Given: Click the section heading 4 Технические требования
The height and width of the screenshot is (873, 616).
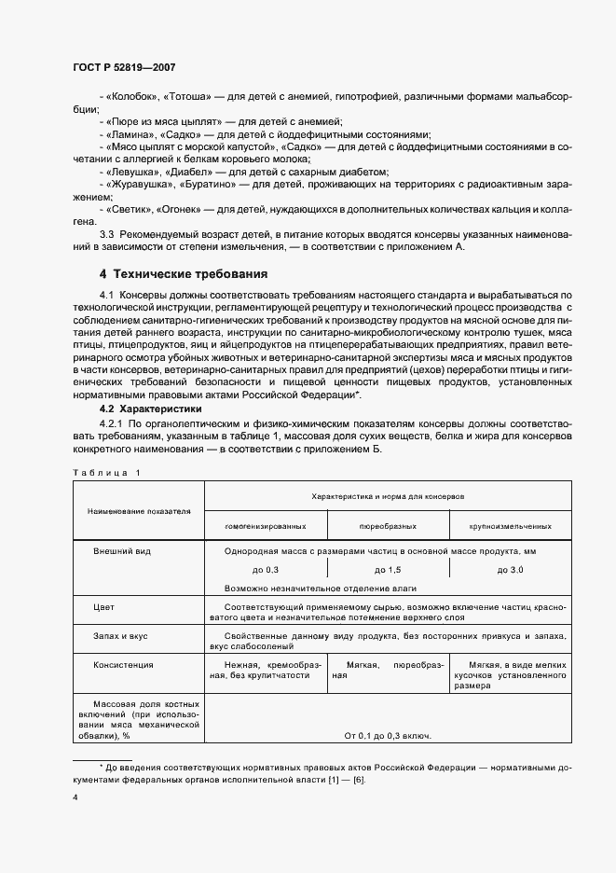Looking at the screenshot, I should (x=184, y=274).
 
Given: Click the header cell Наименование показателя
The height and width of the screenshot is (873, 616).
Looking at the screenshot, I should (x=139, y=511).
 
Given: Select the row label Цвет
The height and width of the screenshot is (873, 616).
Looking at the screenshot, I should (x=103, y=606).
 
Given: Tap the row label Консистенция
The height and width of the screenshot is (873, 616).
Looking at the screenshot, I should (x=123, y=665).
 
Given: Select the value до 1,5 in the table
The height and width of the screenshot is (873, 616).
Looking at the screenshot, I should (x=387, y=569).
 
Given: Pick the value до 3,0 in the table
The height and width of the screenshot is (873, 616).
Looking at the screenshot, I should (x=511, y=569).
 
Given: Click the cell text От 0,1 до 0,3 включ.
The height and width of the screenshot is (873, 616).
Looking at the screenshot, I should (x=387, y=736).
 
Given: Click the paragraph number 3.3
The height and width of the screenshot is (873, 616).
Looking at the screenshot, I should (x=107, y=233).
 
